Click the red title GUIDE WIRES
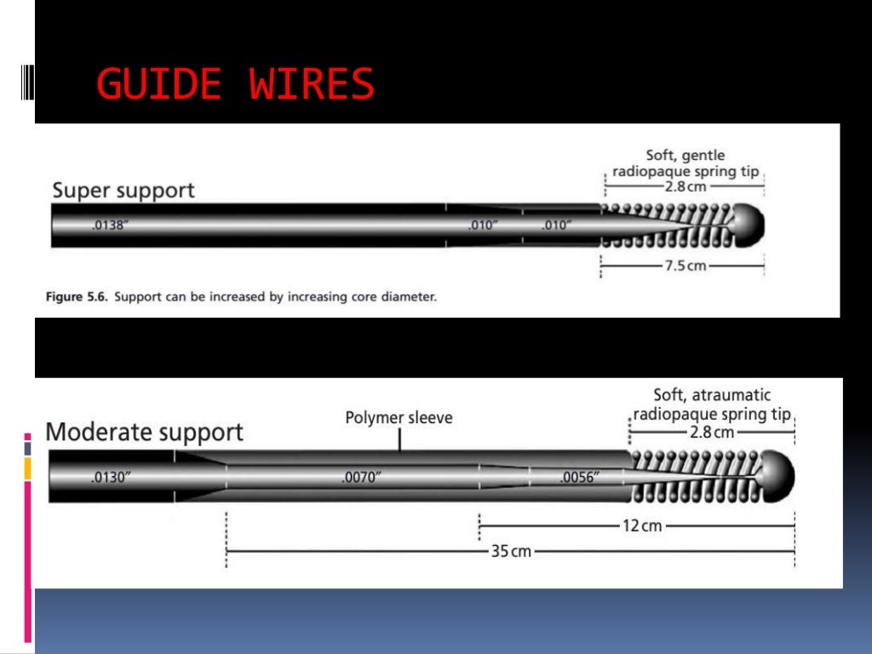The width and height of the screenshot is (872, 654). pos(235,84)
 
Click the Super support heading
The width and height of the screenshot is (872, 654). pos(123,190)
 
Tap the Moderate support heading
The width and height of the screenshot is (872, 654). pos(144,432)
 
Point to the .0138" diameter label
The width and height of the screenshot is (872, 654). pos(110,226)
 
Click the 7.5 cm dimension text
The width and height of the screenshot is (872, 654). pos(685,266)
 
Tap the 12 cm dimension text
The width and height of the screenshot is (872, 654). pos(641,526)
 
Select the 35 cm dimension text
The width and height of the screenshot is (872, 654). pos(510,552)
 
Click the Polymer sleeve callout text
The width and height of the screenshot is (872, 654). pos(399,418)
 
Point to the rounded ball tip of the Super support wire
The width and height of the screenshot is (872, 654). pos(748,223)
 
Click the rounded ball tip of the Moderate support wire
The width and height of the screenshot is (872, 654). pos(777,475)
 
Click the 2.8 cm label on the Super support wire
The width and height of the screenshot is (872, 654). pos(686,186)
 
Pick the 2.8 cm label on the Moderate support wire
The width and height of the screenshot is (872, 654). pos(711,433)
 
